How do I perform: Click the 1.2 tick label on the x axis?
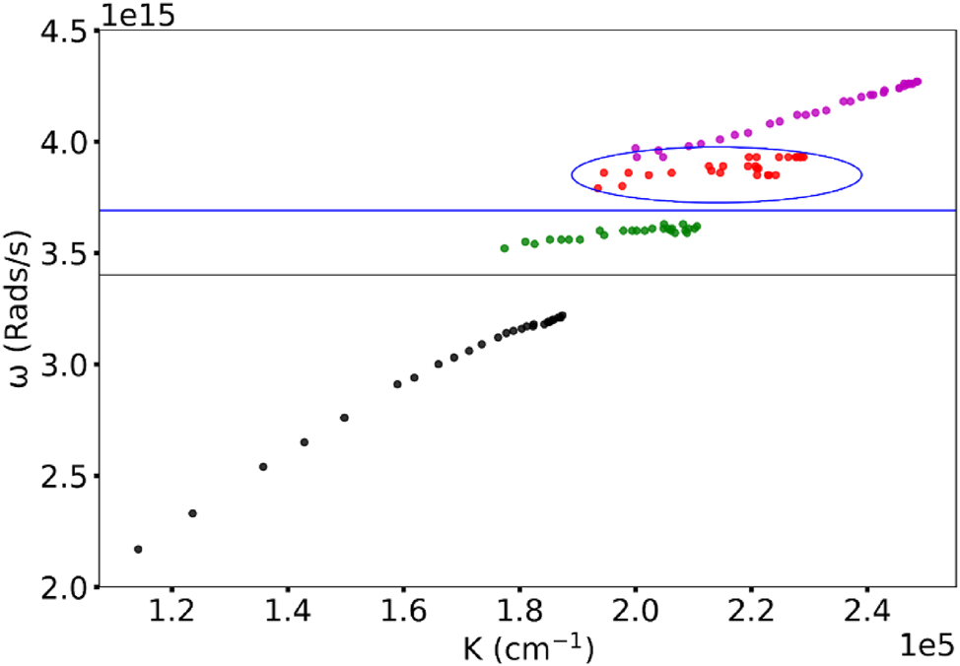coord(171,616)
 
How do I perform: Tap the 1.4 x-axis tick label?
coord(287,616)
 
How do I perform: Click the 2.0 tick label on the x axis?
coord(636,616)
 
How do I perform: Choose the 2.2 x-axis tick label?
coord(751,616)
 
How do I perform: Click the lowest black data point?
coord(138,549)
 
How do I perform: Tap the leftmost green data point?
coord(505,248)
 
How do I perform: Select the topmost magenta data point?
coord(918,82)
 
